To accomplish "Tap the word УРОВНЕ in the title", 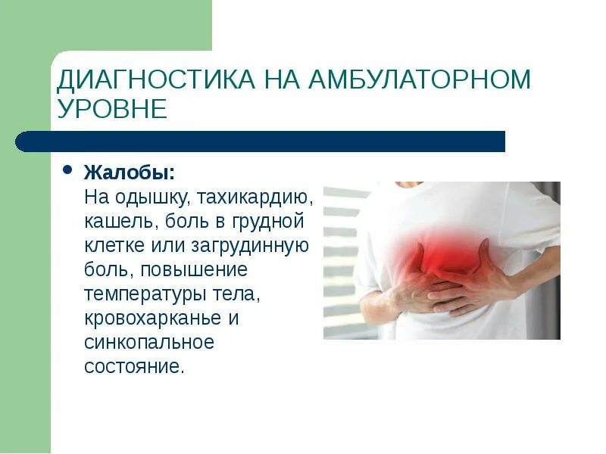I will pos(111,109).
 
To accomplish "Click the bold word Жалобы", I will pos(130,173).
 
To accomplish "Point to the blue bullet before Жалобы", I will pos(67,170).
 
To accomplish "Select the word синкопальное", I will pos(149,342).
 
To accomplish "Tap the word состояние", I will pos(133,366).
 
